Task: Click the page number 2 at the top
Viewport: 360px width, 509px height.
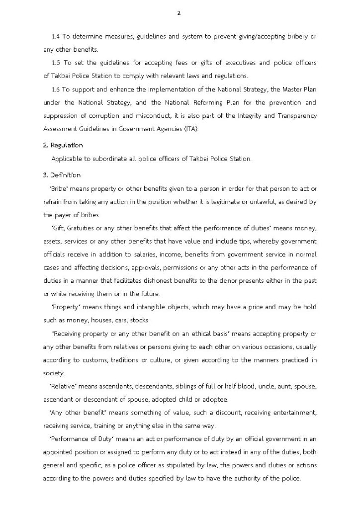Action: point(179,13)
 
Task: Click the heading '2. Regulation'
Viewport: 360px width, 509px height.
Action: point(63,145)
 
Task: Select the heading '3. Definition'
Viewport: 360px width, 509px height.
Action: point(62,175)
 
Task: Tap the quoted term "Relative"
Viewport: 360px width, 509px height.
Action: point(61,386)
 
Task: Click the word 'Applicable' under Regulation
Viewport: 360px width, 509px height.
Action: point(67,159)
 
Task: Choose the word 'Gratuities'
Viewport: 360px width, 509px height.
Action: point(82,228)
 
